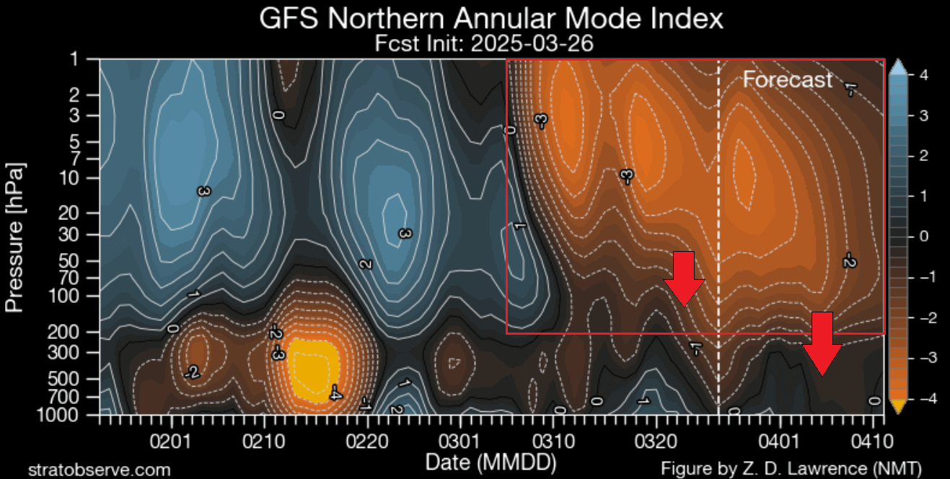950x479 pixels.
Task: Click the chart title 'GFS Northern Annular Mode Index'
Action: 491,18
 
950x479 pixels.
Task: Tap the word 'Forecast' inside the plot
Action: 788,79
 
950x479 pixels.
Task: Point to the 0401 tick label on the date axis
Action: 780,439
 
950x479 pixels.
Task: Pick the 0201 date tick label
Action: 171,439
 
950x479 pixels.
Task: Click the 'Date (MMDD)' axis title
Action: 491,460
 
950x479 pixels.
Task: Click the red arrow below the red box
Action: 822,343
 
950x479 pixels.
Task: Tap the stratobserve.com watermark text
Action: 100,470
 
